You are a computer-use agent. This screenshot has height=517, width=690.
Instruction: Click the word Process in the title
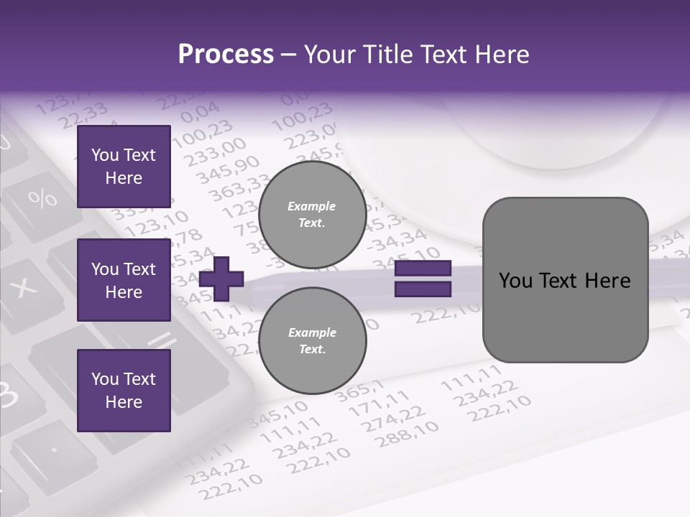226,55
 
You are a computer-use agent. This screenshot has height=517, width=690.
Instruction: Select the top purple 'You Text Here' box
124,167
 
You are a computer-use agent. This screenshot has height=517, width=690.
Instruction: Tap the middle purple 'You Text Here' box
124,280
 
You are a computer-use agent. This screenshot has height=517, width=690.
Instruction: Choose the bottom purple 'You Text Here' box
124,391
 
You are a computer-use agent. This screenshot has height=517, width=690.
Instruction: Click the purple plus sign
221,279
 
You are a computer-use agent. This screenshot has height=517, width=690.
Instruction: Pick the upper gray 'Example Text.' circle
312,215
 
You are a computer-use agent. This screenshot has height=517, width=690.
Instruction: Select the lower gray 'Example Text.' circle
312,341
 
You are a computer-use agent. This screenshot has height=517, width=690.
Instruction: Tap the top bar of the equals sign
423,268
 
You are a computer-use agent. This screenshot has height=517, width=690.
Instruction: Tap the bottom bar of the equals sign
423,289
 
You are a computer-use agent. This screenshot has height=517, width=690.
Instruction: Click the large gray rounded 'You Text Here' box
565,280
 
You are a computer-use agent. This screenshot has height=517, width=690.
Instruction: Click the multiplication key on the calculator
26,287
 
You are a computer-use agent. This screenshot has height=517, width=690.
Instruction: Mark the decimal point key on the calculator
55,450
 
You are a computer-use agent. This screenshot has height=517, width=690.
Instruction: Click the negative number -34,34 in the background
397,239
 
